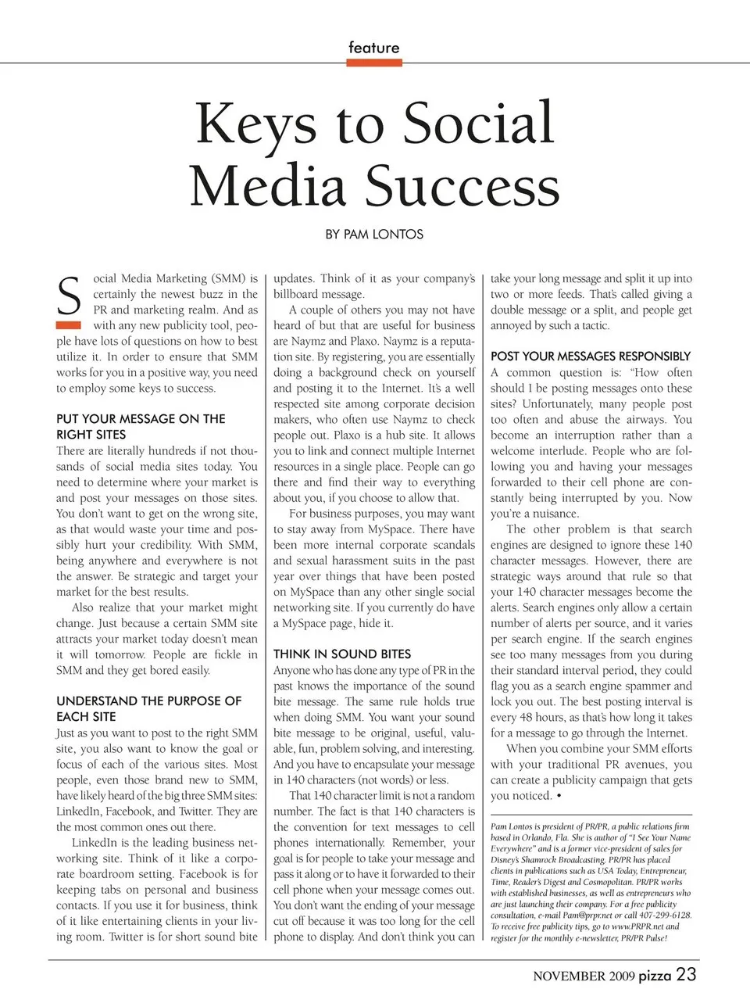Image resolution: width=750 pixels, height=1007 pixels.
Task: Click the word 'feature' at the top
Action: [x=373, y=48]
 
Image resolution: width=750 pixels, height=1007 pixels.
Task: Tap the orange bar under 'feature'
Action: [x=373, y=63]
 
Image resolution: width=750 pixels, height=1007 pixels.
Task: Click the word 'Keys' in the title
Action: [x=255, y=124]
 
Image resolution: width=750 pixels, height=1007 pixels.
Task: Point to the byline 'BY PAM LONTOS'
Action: [x=374, y=235]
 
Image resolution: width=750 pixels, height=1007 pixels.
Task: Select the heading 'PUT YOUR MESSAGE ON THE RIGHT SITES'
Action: [x=141, y=426]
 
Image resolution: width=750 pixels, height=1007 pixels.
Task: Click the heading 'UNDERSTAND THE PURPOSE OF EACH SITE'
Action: [x=148, y=708]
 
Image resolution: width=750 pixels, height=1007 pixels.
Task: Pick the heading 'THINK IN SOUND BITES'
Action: [x=342, y=654]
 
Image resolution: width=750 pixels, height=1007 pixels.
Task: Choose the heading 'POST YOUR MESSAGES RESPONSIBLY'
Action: [x=591, y=356]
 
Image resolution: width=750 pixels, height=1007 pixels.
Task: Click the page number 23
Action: [x=686, y=974]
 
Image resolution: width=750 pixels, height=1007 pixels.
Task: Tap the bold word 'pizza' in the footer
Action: [x=655, y=975]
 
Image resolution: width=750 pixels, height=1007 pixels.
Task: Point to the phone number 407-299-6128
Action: [x=664, y=915]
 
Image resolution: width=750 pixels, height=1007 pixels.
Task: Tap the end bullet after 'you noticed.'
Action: [x=559, y=796]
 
